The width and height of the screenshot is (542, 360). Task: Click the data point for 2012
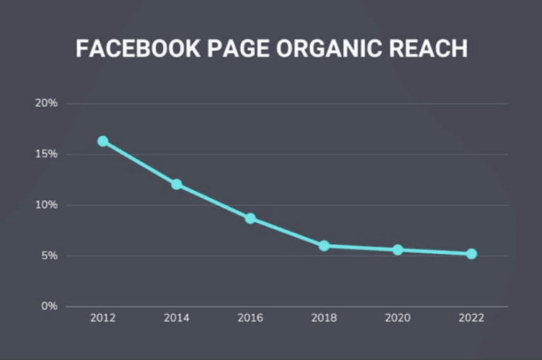103,141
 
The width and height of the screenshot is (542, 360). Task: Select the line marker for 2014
176,184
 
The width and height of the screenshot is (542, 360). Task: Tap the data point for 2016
250,218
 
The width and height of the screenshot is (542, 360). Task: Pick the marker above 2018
324,246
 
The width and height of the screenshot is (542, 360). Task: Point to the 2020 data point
397,250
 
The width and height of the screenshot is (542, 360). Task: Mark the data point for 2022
471,254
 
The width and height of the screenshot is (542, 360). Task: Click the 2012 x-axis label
103,318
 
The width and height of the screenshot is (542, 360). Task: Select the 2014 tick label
176,318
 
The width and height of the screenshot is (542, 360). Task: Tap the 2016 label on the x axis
250,318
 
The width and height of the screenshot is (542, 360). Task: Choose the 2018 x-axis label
324,318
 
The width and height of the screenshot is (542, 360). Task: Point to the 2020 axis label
397,318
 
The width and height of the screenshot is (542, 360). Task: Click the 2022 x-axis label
471,318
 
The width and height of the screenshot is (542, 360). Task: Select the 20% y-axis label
46,103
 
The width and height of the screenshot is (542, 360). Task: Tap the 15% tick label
46,154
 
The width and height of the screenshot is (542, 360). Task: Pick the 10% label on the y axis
46,206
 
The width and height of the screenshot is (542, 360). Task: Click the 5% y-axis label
49,256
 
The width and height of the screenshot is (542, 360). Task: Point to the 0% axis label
49,307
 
